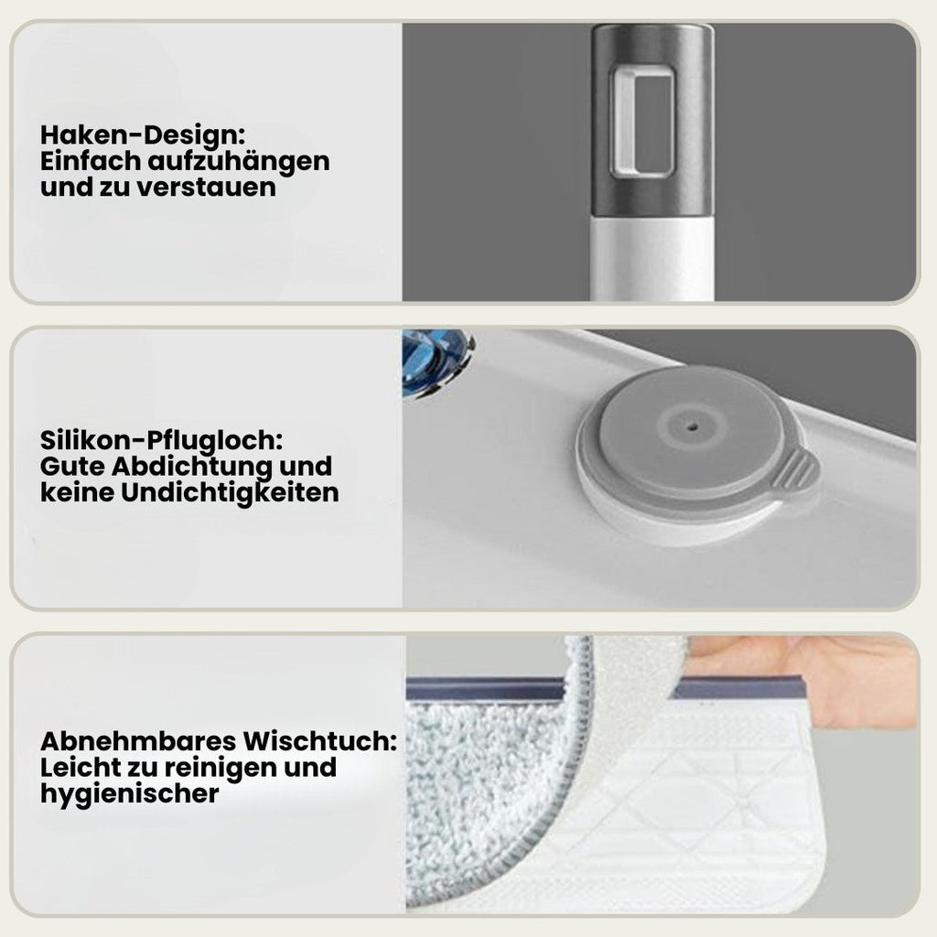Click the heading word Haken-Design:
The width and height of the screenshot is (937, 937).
click(143, 135)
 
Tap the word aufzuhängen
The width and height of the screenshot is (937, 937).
click(239, 163)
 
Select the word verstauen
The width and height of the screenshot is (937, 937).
click(206, 188)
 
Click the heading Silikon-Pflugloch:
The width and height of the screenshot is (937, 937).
click(161, 442)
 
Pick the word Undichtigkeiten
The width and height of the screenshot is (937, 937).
click(230, 493)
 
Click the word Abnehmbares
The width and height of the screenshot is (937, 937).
click(139, 741)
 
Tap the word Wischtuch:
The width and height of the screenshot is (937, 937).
click(319, 741)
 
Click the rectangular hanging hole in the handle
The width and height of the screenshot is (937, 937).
click(641, 124)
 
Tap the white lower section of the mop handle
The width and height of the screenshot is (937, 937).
click(652, 258)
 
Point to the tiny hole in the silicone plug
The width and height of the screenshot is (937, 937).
click(693, 427)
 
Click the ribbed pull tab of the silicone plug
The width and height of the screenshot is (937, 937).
click(796, 470)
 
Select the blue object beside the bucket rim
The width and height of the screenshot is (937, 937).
click(436, 361)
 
